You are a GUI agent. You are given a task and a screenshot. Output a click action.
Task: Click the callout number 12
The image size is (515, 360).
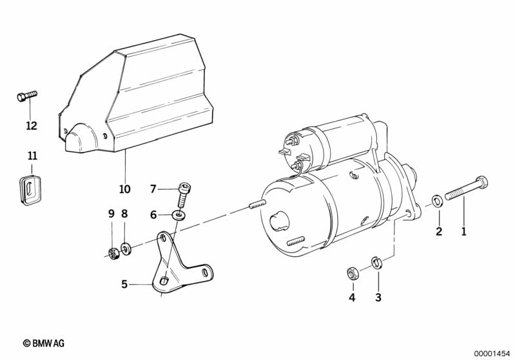[32, 126]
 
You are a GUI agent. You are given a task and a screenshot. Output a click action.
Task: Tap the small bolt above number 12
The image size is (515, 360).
[27, 96]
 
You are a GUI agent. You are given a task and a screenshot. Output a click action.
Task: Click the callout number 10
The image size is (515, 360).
[125, 189]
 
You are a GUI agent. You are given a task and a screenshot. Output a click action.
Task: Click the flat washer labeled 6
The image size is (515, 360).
[179, 216]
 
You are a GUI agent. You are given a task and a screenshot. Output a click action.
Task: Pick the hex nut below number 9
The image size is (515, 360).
[113, 254]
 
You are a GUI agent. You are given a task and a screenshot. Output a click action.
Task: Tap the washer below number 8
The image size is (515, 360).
[126, 249]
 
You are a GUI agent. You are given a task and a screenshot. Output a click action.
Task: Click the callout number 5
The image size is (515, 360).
[124, 284]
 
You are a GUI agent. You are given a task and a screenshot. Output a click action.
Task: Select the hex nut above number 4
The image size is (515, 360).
[353, 273]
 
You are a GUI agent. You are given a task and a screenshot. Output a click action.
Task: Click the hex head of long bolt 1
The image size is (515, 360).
[481, 182]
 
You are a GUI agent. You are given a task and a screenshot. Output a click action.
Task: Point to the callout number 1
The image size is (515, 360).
[464, 231]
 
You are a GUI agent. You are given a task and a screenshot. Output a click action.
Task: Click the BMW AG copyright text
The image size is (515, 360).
[44, 343]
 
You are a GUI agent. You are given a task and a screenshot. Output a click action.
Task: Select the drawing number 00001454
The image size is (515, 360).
[492, 354]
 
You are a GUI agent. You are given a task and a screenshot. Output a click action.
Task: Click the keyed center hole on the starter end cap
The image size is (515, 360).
[278, 222]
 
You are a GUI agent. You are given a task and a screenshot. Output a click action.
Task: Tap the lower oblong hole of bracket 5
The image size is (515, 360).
[164, 281]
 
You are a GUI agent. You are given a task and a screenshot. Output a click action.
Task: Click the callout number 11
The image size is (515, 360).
[32, 156]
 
